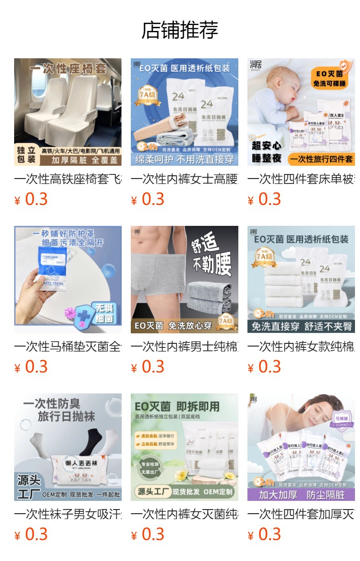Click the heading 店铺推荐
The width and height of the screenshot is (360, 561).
(x=180, y=30)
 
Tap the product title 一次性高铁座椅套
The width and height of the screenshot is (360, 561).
(x=68, y=179)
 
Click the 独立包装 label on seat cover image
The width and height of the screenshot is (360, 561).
(x=26, y=155)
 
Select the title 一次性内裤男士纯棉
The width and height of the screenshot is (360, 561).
(x=185, y=347)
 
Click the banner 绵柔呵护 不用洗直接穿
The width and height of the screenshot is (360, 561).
(x=185, y=159)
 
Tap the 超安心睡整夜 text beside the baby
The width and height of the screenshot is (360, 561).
(x=267, y=152)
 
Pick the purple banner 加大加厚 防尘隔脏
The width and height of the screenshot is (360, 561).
(x=301, y=495)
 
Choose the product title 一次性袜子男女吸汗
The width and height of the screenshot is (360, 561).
(x=68, y=514)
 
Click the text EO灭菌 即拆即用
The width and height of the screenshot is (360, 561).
(x=177, y=406)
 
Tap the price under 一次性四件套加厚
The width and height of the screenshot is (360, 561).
(x=264, y=534)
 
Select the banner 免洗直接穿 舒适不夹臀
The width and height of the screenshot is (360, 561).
(x=301, y=326)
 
